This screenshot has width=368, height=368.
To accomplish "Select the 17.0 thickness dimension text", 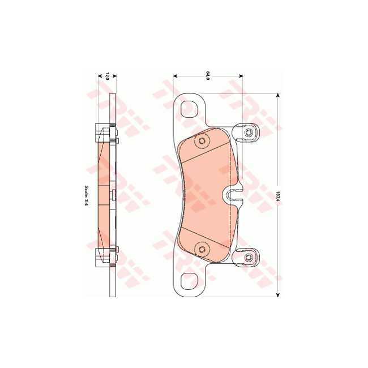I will (x=108, y=75).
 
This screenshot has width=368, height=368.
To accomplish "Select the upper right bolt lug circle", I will (x=249, y=132).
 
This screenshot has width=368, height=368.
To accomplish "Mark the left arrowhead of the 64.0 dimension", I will (x=174, y=75).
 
